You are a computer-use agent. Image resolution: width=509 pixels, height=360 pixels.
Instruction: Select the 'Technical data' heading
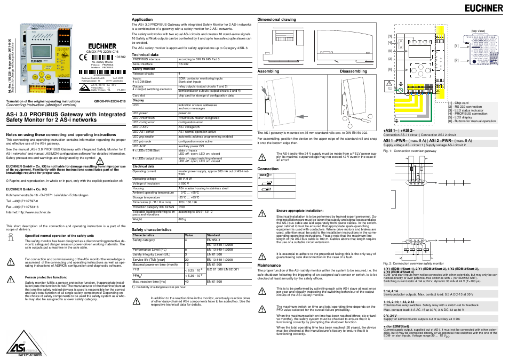point(145,54)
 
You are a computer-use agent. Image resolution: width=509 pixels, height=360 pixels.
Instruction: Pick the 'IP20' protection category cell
point(182,207)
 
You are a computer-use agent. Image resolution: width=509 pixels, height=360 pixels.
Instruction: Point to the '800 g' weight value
point(182,219)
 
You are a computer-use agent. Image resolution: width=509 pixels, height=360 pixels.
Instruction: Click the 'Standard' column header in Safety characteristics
point(213,235)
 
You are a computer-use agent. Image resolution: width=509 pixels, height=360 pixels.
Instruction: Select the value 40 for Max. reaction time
point(187,282)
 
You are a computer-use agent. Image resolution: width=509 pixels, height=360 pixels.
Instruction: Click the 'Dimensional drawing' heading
point(277,19)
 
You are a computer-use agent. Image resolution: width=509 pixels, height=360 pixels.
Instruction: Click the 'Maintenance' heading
point(269,265)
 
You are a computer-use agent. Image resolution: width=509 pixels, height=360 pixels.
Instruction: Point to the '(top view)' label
point(478,31)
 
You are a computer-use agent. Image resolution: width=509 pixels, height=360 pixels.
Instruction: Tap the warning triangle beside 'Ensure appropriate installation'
point(262,213)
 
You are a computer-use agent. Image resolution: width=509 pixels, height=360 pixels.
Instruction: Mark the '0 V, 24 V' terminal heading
point(389,315)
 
